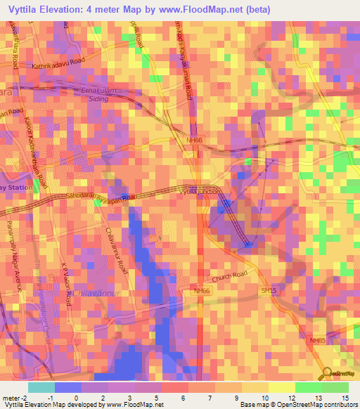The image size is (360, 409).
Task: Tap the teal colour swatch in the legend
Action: click(41, 387)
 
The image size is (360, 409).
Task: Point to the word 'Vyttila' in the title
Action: click(29, 9)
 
